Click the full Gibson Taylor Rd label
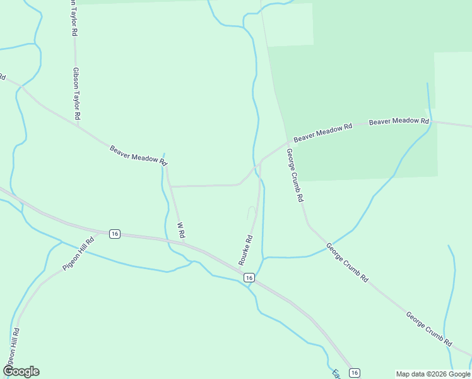point(76,94)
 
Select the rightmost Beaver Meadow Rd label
point(399,121)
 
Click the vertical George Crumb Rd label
point(295,175)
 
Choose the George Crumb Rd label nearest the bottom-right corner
point(429,329)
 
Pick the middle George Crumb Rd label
point(347,262)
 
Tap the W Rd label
point(180,229)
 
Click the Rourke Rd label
point(245,250)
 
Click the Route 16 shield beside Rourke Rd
point(249,278)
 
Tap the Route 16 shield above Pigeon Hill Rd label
point(114,234)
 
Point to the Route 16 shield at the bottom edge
point(355,373)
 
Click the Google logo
point(21,371)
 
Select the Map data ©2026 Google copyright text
point(433,374)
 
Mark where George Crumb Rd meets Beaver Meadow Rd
point(288,142)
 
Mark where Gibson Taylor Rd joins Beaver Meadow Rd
point(78,125)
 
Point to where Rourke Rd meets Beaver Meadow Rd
point(261,161)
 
